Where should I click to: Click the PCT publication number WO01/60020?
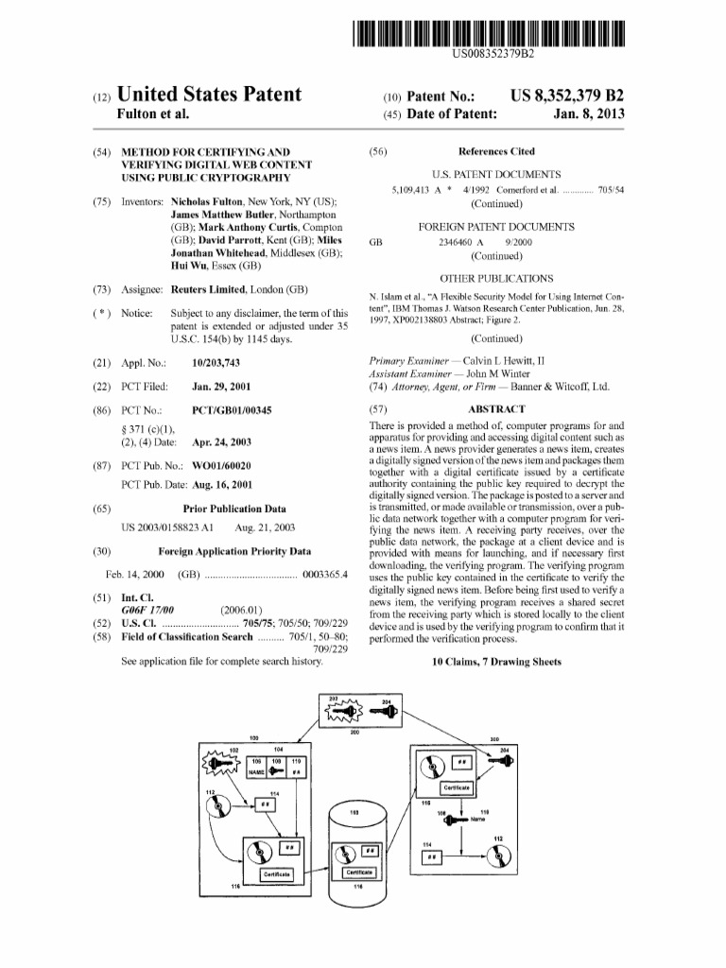click(x=221, y=465)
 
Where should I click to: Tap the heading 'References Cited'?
click(x=495, y=151)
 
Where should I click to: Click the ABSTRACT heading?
click(x=496, y=409)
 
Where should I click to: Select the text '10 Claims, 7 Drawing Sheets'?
click(x=496, y=662)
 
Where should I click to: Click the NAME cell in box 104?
click(x=256, y=771)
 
